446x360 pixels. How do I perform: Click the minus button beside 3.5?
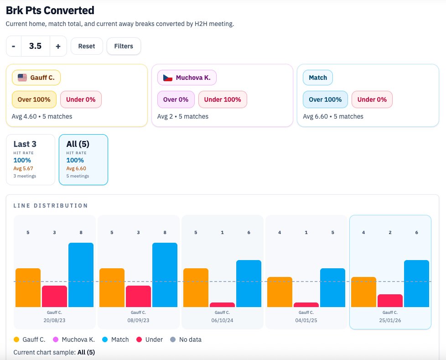[x=14, y=46]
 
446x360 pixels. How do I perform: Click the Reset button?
[x=87, y=46]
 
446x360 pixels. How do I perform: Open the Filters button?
[x=124, y=46]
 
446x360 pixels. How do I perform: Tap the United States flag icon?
[x=22, y=78]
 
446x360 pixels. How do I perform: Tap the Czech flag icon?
[x=168, y=78]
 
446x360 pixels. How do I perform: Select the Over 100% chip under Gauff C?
[x=34, y=99]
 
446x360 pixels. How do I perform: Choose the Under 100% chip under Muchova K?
[x=223, y=99]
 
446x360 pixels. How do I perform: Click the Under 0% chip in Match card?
[x=372, y=99]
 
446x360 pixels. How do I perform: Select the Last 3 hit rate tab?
[x=30, y=159]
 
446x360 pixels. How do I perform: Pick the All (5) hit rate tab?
[x=83, y=159]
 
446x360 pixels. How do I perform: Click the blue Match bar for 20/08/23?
[x=81, y=275]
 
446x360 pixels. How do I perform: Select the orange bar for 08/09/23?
[x=112, y=287]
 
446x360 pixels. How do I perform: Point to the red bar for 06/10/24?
[x=222, y=305]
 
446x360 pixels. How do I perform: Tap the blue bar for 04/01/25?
[x=332, y=287]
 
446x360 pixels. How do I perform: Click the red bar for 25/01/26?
[x=390, y=301]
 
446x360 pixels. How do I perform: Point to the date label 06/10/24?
[x=222, y=321]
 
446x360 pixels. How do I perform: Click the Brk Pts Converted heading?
[x=50, y=10]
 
